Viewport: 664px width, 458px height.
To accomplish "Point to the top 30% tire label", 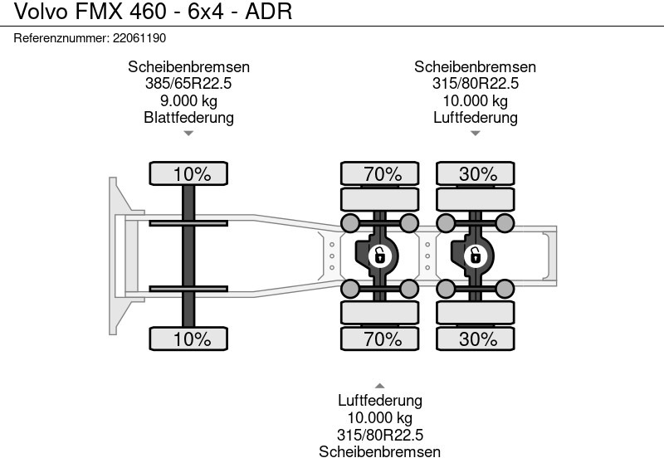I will click(x=478, y=173).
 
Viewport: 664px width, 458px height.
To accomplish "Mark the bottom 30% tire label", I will click(x=478, y=339).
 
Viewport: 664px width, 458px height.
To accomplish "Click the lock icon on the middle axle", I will click(x=379, y=256).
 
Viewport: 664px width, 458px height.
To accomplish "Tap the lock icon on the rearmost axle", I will click(x=476, y=256).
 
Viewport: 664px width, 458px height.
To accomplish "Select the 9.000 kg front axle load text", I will click(x=188, y=100).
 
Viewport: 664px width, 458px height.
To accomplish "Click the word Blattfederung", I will click(x=188, y=117).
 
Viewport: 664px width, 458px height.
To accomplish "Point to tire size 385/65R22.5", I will click(x=188, y=84).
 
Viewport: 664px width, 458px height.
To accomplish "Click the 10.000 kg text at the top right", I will click(x=475, y=100).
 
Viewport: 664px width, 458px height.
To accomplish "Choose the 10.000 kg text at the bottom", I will click(x=379, y=417).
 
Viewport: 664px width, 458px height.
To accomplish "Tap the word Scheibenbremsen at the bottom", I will click(x=379, y=451).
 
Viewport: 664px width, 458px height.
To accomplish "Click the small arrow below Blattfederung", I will click(x=188, y=133).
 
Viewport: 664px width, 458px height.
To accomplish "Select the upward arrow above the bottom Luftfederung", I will click(x=379, y=386).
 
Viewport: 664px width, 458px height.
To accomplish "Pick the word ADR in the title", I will click(x=270, y=12).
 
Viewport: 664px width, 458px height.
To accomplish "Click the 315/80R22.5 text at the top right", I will click(x=475, y=84).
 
